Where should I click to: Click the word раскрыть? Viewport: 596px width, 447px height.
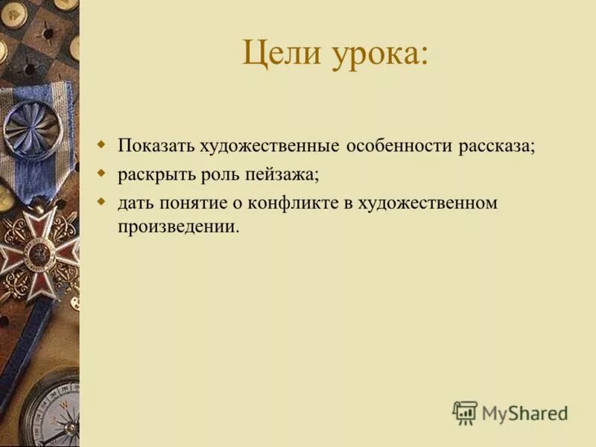[148, 175]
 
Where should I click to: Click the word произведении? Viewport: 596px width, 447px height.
[178, 226]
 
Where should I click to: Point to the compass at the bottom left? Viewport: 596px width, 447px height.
[52, 408]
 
